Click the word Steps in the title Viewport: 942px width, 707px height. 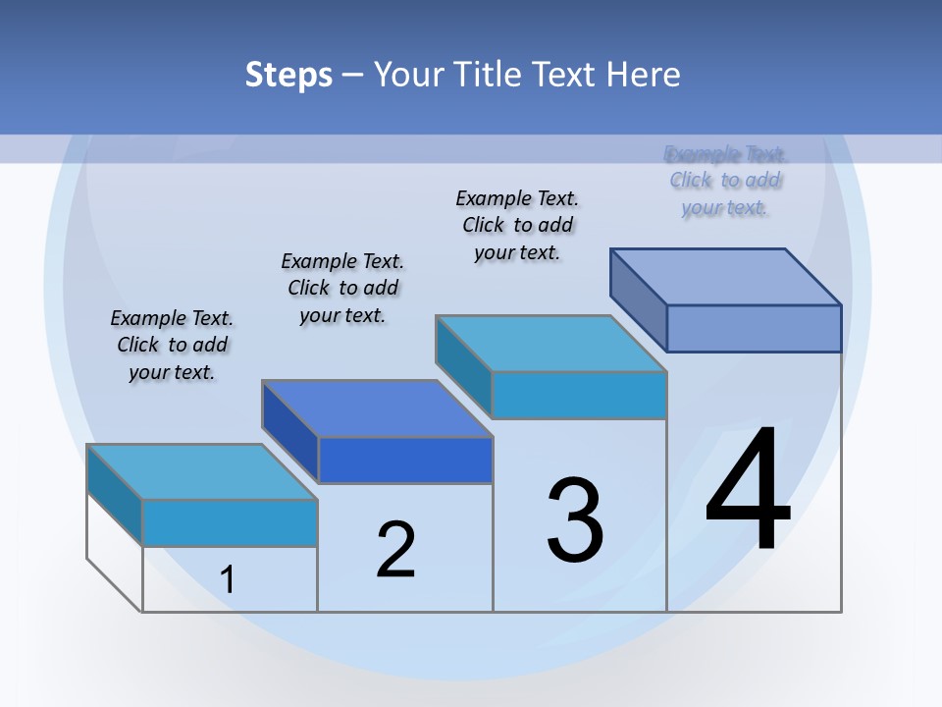pos(288,75)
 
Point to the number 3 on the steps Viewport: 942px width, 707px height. pos(575,519)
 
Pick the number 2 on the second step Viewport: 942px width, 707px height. pos(396,549)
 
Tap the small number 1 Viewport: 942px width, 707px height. pos(228,579)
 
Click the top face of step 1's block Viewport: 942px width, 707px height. pos(202,471)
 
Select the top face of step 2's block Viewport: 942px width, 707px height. pos(377,408)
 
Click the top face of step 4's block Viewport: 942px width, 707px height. pos(726,276)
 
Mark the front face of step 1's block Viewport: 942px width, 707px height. pos(230,522)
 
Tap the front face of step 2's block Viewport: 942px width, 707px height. pos(404,460)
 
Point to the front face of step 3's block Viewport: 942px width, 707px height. pos(579,395)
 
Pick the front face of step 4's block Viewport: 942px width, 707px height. pos(754,328)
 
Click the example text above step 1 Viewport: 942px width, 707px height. pos(172,345)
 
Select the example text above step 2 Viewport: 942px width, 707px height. pos(342,288)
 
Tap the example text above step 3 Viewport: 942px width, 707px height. pos(517,225)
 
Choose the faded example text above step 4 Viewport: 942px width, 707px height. pos(725,181)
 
